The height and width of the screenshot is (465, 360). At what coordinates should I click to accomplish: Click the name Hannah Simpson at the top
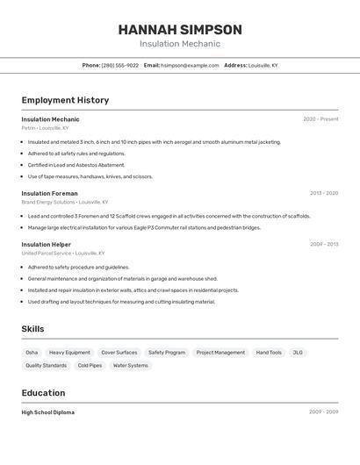click(x=180, y=30)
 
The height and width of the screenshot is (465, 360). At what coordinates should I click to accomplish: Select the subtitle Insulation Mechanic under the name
click(x=180, y=44)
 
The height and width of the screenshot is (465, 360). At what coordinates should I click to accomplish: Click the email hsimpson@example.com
click(x=190, y=65)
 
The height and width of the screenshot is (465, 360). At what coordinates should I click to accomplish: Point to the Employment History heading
click(x=65, y=100)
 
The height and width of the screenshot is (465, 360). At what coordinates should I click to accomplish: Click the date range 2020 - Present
click(x=320, y=119)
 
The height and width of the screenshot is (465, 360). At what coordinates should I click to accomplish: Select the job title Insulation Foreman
click(x=49, y=193)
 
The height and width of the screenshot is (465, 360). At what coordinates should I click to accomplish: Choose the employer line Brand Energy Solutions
click(x=65, y=202)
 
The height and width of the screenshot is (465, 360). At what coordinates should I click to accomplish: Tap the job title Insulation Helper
click(x=47, y=245)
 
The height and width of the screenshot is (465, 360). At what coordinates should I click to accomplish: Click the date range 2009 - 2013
click(x=324, y=245)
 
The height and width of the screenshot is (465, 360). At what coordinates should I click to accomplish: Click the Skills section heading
click(x=33, y=329)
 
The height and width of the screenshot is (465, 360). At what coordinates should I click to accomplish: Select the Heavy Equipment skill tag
click(x=69, y=353)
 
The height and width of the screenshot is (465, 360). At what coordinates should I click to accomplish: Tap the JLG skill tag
click(x=298, y=353)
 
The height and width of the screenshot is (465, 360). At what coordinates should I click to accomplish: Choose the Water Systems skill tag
click(x=131, y=366)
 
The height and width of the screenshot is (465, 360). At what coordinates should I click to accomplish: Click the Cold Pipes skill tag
click(x=90, y=366)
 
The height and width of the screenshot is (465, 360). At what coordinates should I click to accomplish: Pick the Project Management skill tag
click(x=220, y=353)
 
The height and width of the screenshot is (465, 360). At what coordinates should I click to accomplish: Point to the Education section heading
click(x=43, y=393)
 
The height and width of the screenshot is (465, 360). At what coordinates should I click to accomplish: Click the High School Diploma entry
click(x=48, y=412)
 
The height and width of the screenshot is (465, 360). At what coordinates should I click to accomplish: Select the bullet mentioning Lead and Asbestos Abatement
click(x=76, y=165)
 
